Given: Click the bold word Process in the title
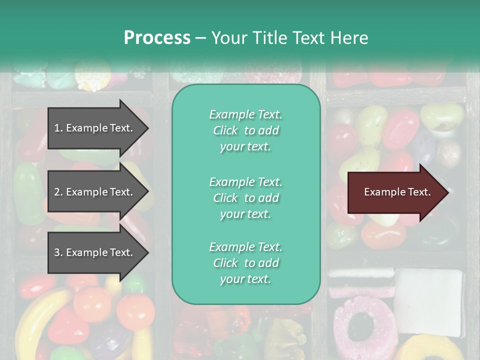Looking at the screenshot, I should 157,38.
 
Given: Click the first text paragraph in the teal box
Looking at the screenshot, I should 245,130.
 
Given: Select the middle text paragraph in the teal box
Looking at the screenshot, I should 245,198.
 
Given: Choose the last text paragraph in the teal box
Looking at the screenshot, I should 245,263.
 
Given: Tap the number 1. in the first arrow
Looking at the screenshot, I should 58,128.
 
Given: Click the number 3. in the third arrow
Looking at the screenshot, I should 58,252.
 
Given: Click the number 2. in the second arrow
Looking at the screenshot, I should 58,192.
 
